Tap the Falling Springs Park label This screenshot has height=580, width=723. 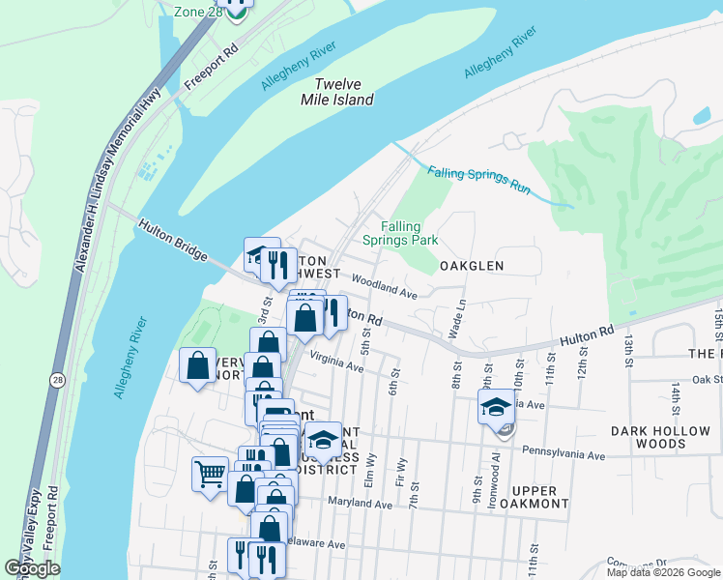pyautogui.click(x=400, y=233)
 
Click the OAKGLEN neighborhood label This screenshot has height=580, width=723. pyautogui.click(x=474, y=265)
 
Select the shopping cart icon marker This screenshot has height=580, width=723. pyautogui.click(x=210, y=474)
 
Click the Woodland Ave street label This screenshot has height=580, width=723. pyautogui.click(x=383, y=284)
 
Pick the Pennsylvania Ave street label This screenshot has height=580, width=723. pyautogui.click(x=563, y=452)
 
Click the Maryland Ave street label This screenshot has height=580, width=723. pyautogui.click(x=359, y=504)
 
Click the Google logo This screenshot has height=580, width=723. pyautogui.click(x=32, y=568)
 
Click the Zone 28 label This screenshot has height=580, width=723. pyautogui.click(x=198, y=12)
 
